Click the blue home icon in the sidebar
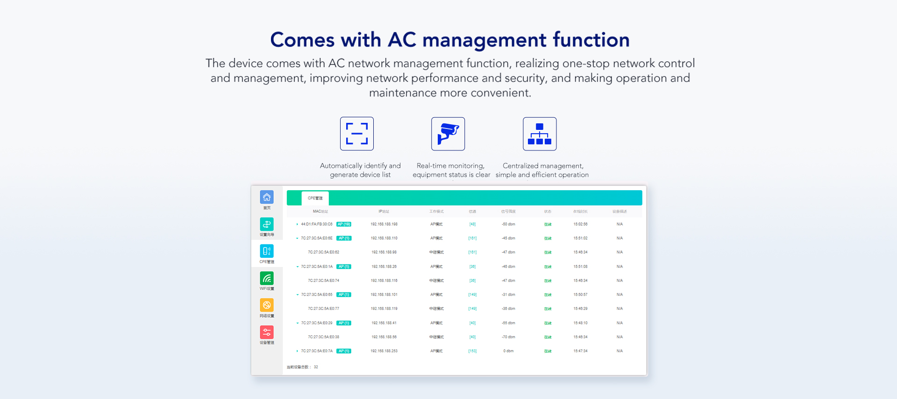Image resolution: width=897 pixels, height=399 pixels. tap(267, 197)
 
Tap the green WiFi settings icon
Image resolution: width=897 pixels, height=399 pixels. tap(267, 278)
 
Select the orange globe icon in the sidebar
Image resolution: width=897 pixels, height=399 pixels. tap(267, 306)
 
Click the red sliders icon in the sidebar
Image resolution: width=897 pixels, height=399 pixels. tap(267, 332)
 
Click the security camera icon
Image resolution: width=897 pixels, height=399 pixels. tap(448, 134)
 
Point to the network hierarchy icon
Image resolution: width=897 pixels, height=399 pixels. tap(540, 134)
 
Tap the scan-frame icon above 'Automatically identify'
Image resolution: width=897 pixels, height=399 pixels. tap(357, 134)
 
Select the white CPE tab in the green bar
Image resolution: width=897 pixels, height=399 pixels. tap(315, 198)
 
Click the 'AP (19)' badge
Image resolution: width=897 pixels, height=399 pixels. tap(344, 224)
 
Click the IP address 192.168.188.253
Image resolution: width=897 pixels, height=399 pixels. tap(384, 351)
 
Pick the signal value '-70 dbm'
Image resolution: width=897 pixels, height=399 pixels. tap(508, 337)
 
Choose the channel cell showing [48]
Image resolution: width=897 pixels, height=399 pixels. tap(472, 224)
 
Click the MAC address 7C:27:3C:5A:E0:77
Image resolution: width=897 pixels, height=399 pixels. tap(323, 309)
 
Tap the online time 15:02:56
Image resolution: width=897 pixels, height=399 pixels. tap(580, 224)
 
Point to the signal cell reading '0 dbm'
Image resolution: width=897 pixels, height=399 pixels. tap(508, 351)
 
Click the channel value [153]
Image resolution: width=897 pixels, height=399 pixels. tap(472, 351)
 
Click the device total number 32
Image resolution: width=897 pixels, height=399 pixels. tap(316, 367)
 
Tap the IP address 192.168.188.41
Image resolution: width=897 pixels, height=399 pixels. tap(384, 323)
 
